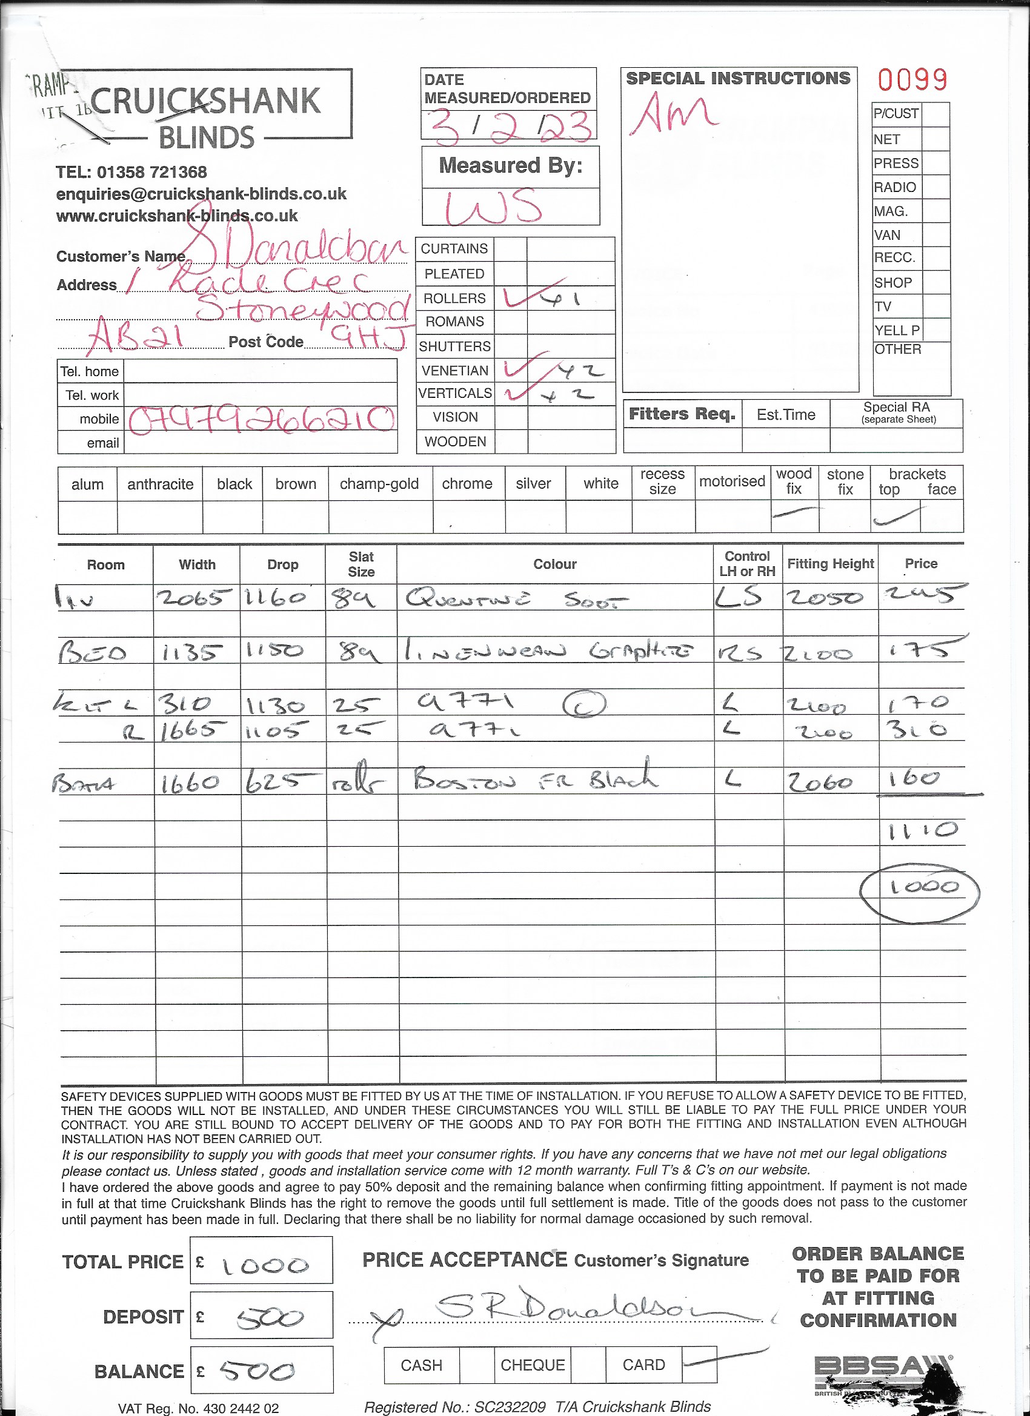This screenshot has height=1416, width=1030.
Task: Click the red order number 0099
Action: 912,79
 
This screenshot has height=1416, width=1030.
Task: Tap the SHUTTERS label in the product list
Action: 455,346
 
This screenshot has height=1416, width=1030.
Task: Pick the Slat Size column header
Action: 361,564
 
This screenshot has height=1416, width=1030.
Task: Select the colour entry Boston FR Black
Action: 534,778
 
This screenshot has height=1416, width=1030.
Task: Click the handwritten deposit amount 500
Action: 269,1317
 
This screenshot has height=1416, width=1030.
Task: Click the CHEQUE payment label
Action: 532,1365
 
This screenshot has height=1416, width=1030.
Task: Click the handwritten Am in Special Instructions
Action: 673,114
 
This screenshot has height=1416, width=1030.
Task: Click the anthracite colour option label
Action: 160,484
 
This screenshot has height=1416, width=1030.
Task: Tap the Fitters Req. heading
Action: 682,414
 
